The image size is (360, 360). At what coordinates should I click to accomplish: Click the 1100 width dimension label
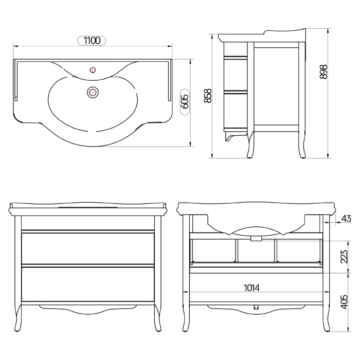[92, 40]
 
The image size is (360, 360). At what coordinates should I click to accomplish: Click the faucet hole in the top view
[93, 69]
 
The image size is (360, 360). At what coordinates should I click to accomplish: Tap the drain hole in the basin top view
[93, 93]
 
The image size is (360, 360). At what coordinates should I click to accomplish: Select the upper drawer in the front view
[87, 248]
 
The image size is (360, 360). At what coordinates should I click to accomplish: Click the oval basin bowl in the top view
[93, 105]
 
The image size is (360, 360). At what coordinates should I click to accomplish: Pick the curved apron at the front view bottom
[87, 309]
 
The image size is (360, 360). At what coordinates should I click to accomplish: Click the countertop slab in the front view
[87, 209]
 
